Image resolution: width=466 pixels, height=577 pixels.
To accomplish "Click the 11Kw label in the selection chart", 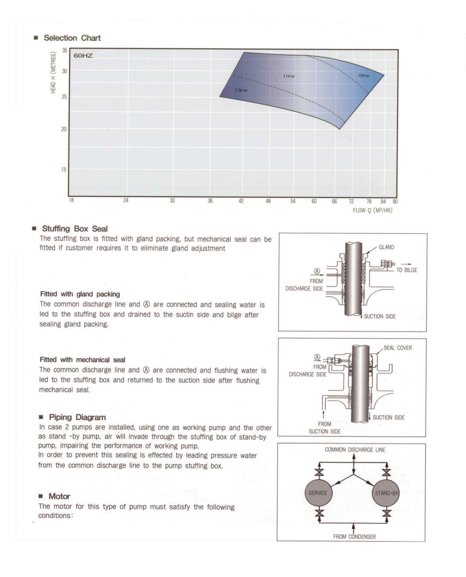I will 289,76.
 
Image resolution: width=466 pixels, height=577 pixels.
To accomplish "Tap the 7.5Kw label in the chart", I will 241,90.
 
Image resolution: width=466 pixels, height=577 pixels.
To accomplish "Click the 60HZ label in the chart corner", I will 83,56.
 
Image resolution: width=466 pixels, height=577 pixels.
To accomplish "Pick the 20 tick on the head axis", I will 64,129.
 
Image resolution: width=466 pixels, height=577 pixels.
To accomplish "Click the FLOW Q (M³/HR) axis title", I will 372,210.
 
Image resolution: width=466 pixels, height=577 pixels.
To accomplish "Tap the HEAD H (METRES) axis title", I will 53,73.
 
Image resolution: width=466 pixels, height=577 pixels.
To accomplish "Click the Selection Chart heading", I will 72,38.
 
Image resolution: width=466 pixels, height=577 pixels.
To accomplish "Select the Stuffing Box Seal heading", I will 75,229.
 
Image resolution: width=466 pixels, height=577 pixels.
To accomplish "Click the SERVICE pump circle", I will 318,493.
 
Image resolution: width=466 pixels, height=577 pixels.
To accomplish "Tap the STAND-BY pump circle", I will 386,493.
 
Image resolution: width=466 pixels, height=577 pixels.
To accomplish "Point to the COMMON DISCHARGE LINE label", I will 355,450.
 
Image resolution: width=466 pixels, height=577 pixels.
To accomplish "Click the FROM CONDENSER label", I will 354,537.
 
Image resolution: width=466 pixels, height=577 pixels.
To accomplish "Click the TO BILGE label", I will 407,270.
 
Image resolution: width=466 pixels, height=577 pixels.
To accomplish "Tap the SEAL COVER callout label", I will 398,348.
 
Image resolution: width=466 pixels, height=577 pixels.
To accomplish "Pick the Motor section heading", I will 59,496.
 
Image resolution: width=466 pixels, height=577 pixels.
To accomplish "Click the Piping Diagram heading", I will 77,417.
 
